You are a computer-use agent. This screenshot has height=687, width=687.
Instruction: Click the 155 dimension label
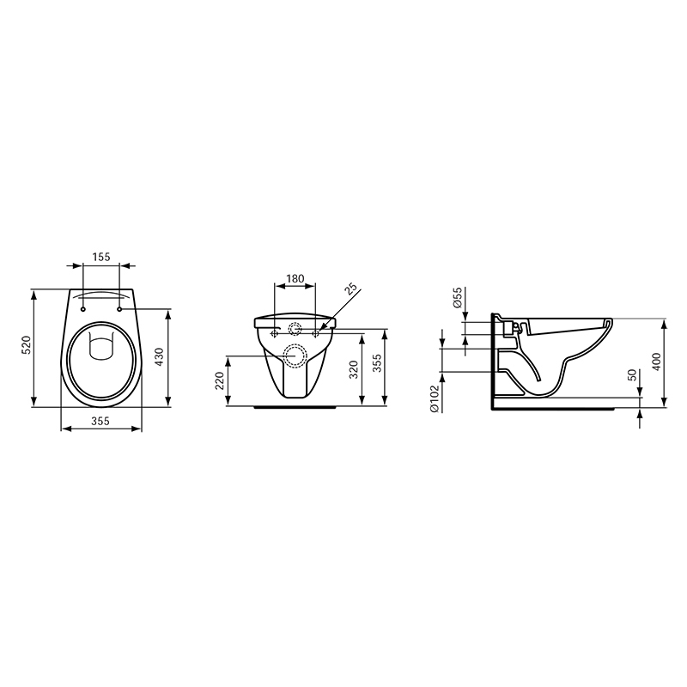[x=101, y=257]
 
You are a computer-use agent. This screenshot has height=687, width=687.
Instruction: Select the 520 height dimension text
[x=27, y=345]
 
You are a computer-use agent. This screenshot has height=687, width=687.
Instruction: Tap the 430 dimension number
[x=159, y=357]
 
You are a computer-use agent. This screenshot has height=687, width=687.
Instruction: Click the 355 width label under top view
[x=100, y=421]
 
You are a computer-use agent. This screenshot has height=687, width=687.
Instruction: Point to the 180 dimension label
[x=295, y=278]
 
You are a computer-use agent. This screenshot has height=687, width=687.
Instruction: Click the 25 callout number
[x=351, y=290]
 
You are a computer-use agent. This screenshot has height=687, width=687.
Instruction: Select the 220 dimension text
[x=220, y=380]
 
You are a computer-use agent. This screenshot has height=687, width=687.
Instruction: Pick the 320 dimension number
[x=354, y=369]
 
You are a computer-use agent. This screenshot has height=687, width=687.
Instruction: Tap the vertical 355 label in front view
[x=377, y=363]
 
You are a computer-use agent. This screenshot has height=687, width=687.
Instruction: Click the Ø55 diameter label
[x=457, y=297]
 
